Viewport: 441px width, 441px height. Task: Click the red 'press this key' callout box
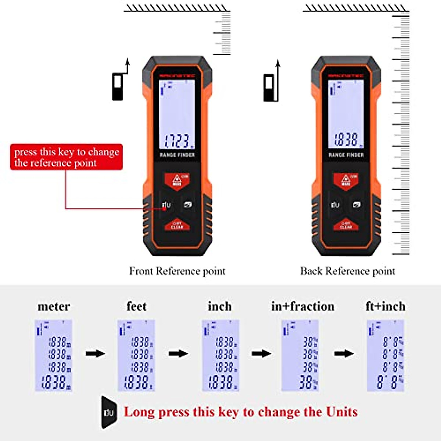tap(67, 157)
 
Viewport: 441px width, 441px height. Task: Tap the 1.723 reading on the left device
tap(178, 141)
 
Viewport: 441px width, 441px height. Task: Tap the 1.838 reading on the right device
tap(346, 140)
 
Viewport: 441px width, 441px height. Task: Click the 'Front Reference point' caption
tap(177, 271)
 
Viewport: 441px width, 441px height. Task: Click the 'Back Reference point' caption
tap(347, 271)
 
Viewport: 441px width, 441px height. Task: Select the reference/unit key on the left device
tap(166, 205)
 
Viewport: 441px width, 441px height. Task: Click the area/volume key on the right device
tap(356, 205)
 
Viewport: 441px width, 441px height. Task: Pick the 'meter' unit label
tap(54, 306)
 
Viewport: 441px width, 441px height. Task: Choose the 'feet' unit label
tap(136, 306)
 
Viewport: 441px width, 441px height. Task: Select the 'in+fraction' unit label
tap(302, 306)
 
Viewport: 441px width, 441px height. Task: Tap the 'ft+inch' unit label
tap(386, 306)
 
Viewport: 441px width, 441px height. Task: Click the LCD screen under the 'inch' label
tap(220, 355)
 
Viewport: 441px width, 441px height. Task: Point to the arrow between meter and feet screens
tap(95, 354)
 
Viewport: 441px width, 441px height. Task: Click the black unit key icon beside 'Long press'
tap(109, 412)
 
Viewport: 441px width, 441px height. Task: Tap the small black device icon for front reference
tap(118, 87)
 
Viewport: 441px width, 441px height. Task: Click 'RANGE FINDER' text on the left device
tap(177, 155)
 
